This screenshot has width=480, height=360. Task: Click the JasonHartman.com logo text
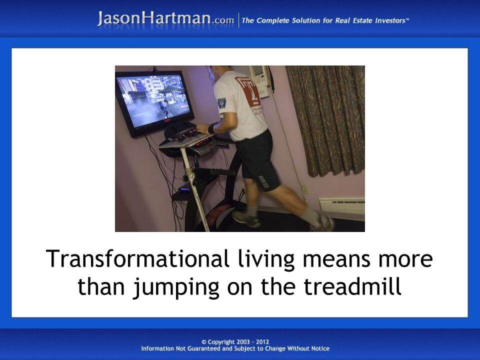click(x=165, y=19)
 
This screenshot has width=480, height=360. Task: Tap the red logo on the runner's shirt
click(x=248, y=92)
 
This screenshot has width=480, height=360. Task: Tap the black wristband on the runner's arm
click(x=212, y=128)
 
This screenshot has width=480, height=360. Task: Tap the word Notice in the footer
click(x=319, y=348)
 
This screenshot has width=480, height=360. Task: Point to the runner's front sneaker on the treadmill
click(x=246, y=217)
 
